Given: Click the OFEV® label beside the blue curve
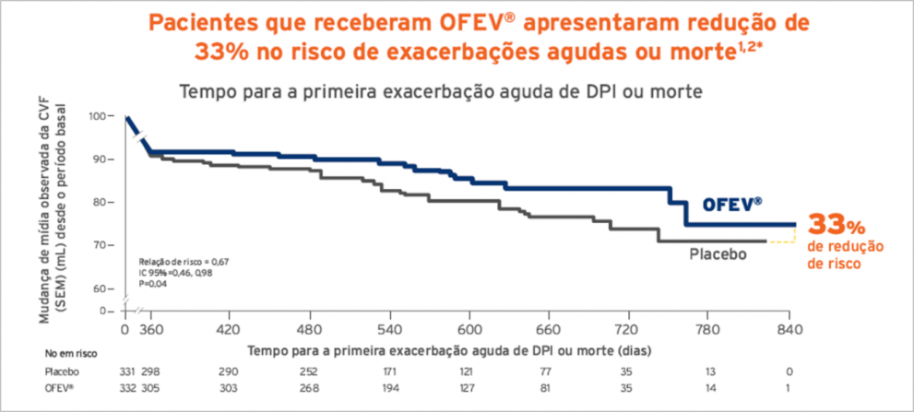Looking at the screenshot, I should (x=734, y=205).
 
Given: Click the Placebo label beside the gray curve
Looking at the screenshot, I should (x=718, y=253).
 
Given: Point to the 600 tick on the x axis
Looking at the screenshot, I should (x=470, y=329).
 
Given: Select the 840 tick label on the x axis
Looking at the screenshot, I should (x=789, y=329).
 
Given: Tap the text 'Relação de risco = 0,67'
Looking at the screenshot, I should (x=184, y=262).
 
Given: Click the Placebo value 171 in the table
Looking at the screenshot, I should (x=391, y=371).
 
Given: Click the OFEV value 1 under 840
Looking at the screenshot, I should (x=789, y=388).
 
